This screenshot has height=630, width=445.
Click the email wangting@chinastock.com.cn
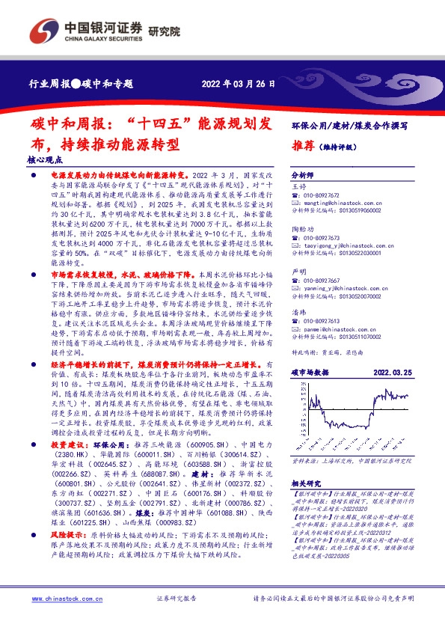tap(331, 202)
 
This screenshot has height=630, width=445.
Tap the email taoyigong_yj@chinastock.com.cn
tap(339, 244)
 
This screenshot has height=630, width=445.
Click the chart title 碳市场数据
tap(310, 371)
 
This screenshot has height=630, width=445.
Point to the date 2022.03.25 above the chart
tap(393, 371)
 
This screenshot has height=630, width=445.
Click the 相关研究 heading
tap(305, 483)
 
